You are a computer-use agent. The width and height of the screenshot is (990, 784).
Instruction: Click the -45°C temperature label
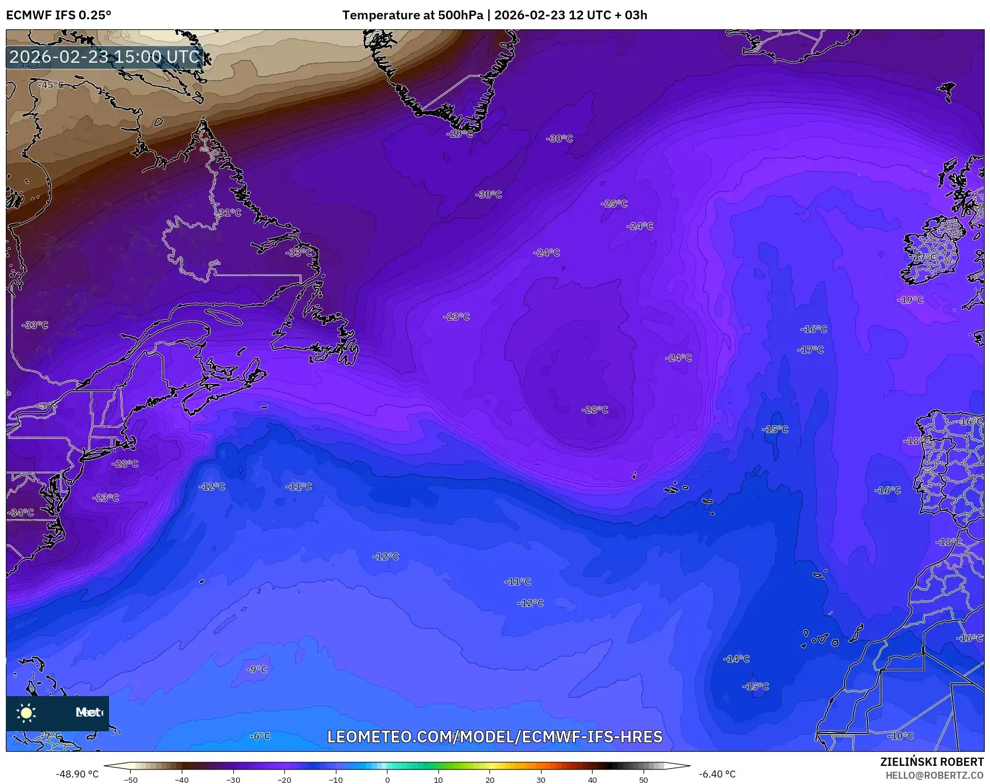(x=51, y=85)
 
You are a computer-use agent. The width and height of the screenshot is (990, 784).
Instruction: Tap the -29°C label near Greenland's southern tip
(x=460, y=134)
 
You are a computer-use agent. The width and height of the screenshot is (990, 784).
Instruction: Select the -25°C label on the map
(x=614, y=204)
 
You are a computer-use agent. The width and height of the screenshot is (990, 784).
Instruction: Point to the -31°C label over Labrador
(x=229, y=213)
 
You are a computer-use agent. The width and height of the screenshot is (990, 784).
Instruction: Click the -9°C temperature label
(x=257, y=669)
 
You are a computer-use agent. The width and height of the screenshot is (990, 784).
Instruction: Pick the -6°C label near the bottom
(x=260, y=736)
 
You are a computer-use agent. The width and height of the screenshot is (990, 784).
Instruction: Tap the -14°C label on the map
(x=737, y=659)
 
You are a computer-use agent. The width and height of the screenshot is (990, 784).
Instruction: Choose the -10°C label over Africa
(x=901, y=736)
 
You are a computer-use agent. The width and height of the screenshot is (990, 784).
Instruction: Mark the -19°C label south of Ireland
(x=910, y=300)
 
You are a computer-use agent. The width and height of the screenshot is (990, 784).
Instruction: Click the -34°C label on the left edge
(x=21, y=513)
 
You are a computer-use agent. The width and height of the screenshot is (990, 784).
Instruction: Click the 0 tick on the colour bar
(x=387, y=779)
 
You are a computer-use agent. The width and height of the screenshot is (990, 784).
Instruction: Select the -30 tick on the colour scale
(x=233, y=779)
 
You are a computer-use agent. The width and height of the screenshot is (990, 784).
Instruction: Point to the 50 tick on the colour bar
(x=644, y=779)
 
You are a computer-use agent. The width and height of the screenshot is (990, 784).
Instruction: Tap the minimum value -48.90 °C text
(x=77, y=774)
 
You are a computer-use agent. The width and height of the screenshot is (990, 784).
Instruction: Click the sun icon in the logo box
(x=26, y=713)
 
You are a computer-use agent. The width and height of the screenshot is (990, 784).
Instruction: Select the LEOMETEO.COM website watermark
(x=495, y=737)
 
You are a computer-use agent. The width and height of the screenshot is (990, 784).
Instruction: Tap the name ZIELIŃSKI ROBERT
(x=932, y=762)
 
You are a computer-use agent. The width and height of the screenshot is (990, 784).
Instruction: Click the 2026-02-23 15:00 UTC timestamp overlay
(x=105, y=57)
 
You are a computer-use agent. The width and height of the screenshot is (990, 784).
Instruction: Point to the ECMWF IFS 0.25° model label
(x=59, y=15)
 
